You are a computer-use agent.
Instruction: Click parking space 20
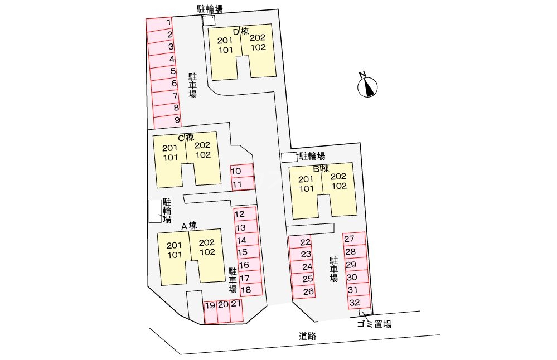(222, 312)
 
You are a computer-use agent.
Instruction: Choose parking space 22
(301, 242)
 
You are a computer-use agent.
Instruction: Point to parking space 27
(354, 239)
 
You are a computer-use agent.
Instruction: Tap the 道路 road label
(307, 336)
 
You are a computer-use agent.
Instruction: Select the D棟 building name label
(240, 32)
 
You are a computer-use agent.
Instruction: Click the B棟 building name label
(321, 168)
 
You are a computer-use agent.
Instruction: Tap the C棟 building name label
(186, 137)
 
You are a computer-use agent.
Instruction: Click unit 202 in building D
(258, 38)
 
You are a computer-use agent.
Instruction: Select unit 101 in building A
(175, 255)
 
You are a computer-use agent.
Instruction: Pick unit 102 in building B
(339, 186)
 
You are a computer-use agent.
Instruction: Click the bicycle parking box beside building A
(154, 211)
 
